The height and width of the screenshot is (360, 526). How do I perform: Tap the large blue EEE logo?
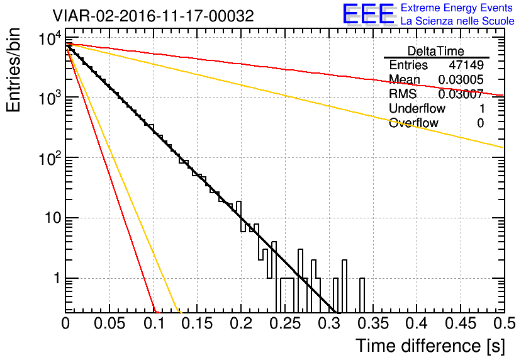click(369, 14)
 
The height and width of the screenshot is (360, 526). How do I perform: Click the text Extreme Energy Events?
click(457, 8)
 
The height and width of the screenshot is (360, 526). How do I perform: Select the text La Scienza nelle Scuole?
click(457, 21)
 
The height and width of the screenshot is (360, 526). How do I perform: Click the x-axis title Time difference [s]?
click(429, 346)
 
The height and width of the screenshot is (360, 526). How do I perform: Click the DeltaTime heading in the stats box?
click(436, 51)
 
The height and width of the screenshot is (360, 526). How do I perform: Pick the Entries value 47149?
click(466, 65)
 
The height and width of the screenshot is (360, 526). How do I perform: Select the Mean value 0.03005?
click(461, 80)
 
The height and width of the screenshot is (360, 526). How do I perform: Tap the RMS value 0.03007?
click(461, 94)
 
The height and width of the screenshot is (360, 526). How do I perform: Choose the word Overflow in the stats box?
click(413, 123)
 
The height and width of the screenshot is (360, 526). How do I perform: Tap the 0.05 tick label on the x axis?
click(109, 323)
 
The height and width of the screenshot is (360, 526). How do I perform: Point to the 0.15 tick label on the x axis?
click(197, 323)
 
